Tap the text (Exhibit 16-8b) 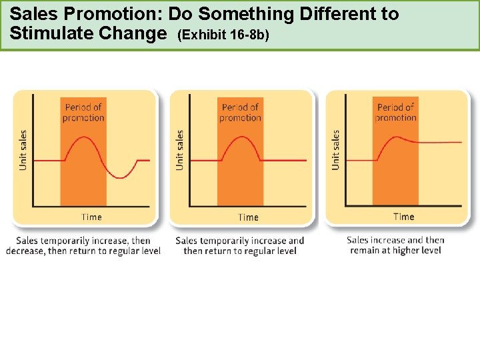[223, 34]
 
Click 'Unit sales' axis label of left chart [23, 149]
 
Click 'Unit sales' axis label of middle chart [179, 149]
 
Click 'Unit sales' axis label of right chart [335, 149]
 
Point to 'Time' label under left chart [91, 217]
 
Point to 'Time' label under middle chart [248, 217]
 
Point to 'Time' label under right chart [403, 216]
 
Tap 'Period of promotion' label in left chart [83, 113]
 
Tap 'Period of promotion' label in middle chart [240, 113]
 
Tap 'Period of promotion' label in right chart [395, 112]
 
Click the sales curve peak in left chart [83, 137]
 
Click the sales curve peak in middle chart [240, 137]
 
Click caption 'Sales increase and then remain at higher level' [395, 245]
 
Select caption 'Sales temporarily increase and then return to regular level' [239, 245]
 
